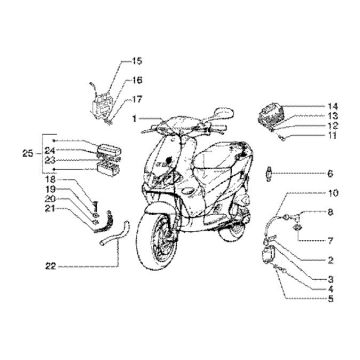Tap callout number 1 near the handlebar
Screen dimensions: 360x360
(130, 118)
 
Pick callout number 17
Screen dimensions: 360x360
(138, 98)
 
